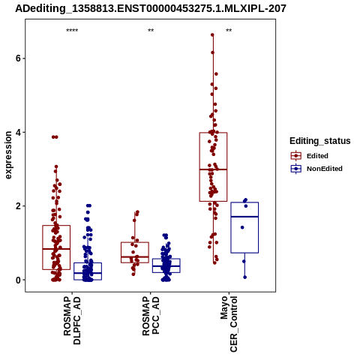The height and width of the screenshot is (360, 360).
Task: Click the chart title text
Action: coord(151,9)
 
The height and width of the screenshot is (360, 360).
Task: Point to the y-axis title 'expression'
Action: coord(8,155)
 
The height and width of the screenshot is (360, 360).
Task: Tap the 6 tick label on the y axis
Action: coord(18,58)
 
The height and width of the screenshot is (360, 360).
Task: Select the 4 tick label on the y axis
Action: coord(18,132)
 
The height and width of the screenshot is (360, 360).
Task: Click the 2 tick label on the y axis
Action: coord(18,206)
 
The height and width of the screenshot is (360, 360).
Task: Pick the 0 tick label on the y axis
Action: coord(18,280)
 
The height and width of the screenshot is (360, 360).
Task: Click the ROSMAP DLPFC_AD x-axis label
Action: coord(72,320)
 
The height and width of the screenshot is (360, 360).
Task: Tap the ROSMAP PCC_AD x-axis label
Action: coord(151,316)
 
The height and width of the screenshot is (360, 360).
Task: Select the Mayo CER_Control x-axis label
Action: coord(229,324)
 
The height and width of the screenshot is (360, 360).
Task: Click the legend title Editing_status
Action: coord(320,141)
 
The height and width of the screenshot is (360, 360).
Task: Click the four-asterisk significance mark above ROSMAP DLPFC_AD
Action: coord(72,31)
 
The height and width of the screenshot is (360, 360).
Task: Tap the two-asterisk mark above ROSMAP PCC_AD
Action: coord(151,31)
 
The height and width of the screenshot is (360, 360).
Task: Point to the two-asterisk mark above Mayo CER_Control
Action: coord(229,31)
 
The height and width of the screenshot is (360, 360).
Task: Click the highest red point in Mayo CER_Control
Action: coord(212,35)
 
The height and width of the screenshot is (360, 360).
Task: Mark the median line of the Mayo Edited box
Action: coord(213,169)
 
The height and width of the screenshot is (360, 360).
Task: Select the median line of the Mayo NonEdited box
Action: coord(244,217)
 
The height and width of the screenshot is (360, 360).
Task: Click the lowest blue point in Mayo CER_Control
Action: coord(245,277)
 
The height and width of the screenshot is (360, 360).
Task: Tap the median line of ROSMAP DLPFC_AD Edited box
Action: coord(56,249)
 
